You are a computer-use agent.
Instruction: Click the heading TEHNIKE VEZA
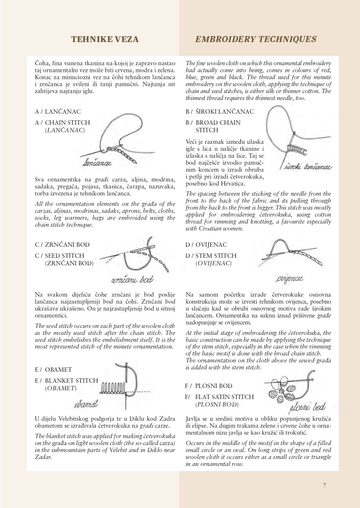coord(105,39)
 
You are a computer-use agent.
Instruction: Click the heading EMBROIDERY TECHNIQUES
coord(256,39)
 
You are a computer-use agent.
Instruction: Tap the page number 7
coord(324,485)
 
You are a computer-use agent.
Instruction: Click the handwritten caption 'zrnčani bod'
coord(132,279)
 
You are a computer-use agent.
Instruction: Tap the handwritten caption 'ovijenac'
coord(290,279)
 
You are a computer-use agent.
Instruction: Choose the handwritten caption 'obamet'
coord(86,404)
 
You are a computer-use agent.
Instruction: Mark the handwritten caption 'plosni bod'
coord(308,408)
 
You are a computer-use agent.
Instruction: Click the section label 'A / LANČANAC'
coord(58,111)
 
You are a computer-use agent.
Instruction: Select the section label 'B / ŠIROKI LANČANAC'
coord(220,111)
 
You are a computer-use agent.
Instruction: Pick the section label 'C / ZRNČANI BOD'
coord(62,245)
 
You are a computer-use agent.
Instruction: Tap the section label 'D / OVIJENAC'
coord(206,245)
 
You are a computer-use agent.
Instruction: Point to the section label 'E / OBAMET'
coord(54,369)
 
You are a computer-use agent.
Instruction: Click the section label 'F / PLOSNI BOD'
coord(209,386)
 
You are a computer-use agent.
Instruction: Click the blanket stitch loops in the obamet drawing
coord(113,388)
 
